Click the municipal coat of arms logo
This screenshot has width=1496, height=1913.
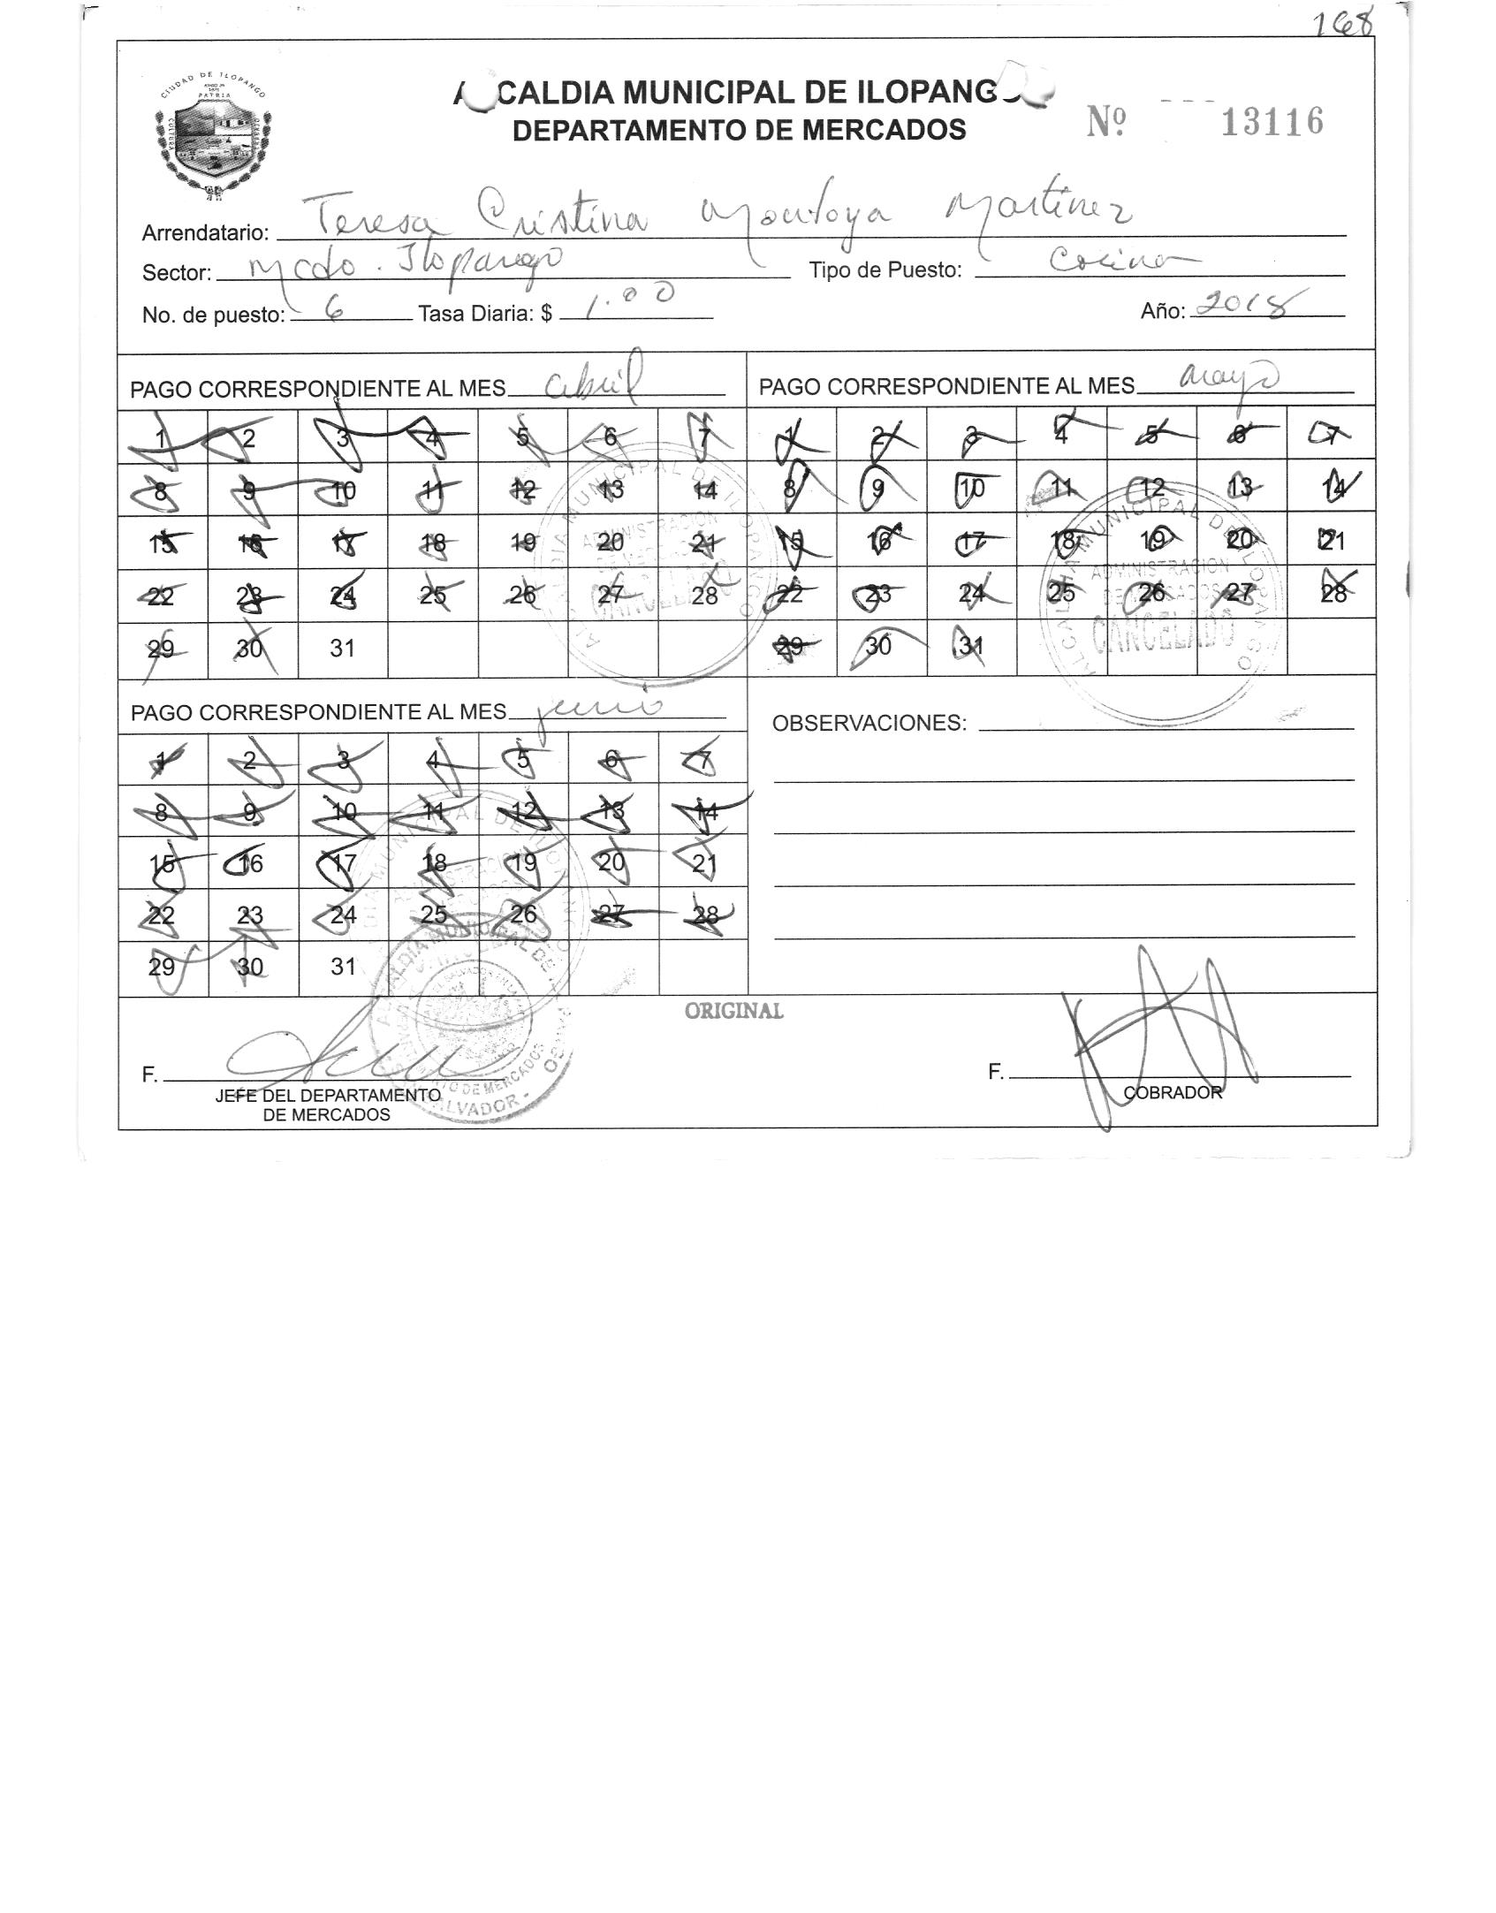pos(215,134)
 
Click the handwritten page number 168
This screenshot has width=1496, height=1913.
pos(1342,22)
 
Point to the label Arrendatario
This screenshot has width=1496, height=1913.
pos(205,233)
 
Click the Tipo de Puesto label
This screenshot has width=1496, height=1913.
pos(885,271)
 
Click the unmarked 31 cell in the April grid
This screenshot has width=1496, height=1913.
pos(342,648)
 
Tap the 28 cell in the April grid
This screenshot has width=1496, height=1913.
pos(704,595)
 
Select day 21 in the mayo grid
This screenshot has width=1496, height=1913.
pos(1332,540)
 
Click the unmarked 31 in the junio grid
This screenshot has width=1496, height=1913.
pos(342,967)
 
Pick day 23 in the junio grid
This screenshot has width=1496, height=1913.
pos(251,915)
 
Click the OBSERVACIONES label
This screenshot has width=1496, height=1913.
pos(870,724)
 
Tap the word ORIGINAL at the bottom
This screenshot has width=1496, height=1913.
pos(733,1011)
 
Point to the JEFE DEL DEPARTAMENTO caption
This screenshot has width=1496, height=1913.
pos(327,1096)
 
